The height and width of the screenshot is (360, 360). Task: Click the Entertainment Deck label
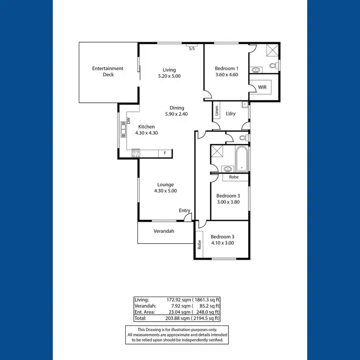[108, 71]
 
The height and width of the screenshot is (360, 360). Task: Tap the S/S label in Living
[192, 48]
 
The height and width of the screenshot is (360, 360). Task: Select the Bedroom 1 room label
[227, 68]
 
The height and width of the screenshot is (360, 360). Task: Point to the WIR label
[262, 87]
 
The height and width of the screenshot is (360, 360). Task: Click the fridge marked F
[165, 153]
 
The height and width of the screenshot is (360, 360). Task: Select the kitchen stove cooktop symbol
[136, 154]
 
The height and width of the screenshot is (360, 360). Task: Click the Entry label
[185, 210]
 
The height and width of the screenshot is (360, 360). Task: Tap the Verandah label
[164, 231]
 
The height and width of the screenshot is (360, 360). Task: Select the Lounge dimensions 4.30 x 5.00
[166, 191]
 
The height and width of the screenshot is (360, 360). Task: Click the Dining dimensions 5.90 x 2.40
[177, 114]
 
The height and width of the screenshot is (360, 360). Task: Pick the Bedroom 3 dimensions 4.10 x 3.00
[223, 243]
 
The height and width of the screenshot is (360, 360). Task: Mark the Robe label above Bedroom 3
[234, 177]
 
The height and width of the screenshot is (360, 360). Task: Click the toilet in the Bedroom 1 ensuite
[273, 65]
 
